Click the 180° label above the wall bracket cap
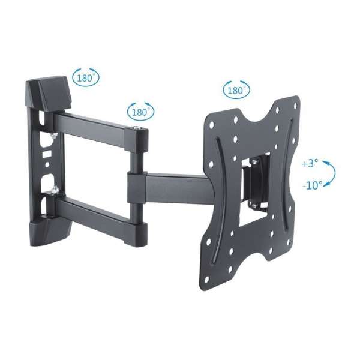coord(86,77)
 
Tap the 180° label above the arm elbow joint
coord(140,112)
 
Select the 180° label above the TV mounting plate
coord(236,91)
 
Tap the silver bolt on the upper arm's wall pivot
coord(53,136)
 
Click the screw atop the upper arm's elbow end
coord(140,130)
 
